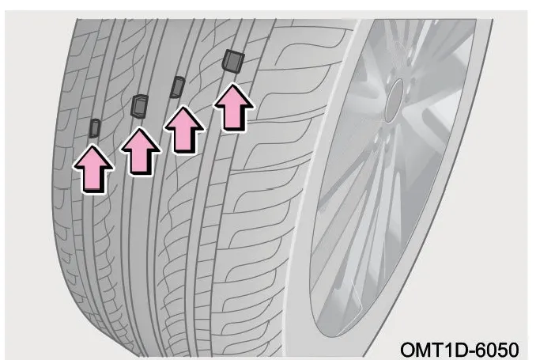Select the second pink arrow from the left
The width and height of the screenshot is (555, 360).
pos(141,152)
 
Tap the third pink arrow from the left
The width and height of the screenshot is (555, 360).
pos(184,130)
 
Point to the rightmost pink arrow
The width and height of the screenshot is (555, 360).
pos(233,108)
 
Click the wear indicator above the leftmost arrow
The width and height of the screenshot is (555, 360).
pos(95,128)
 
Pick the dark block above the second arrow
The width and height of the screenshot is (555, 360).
pos(139,106)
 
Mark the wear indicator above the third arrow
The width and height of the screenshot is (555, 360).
pos(177,87)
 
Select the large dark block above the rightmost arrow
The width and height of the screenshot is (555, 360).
pos(233,61)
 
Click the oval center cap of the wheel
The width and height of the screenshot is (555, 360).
pos(394,101)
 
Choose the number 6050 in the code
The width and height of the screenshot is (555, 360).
pos(500,350)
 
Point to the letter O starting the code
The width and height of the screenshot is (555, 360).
pos(408,350)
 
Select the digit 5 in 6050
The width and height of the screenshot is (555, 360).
pos(504,350)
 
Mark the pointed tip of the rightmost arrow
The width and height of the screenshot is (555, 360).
pos(232,85)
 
